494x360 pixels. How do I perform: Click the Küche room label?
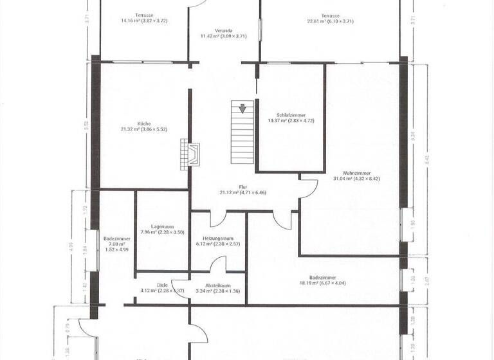[x=143, y=123]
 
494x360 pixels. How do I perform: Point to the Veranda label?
[x=223, y=30]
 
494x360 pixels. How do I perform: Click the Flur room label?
[x=242, y=186]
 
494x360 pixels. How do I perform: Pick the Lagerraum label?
[x=162, y=226]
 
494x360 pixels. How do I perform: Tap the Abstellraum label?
[x=217, y=285]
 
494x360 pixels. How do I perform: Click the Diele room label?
[x=162, y=285]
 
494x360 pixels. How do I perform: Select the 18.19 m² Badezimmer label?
[x=323, y=277]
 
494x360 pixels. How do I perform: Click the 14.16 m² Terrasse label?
[x=144, y=15]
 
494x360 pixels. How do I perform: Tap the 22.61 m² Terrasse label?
[x=331, y=15]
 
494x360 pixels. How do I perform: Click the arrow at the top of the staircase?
[x=242, y=109]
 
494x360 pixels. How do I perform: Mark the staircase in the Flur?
[x=242, y=138]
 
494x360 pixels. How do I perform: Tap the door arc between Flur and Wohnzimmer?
[x=309, y=187]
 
